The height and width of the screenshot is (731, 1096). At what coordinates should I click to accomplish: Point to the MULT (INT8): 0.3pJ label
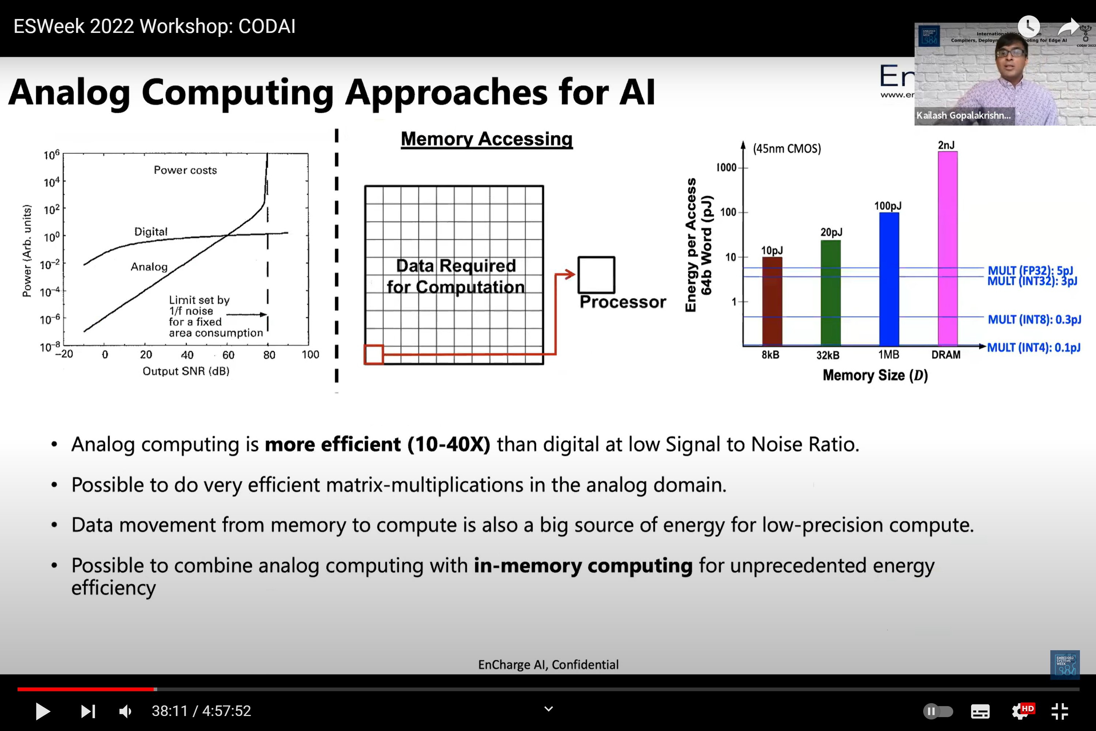tap(1034, 319)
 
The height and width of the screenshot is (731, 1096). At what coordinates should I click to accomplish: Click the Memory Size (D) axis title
tap(875, 375)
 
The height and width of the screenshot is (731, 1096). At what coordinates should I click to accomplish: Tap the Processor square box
tap(596, 274)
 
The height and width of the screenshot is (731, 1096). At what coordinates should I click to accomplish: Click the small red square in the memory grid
tap(374, 354)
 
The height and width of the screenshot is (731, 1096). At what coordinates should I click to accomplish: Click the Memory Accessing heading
tap(487, 139)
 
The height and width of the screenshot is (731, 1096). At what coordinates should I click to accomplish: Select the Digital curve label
tap(151, 232)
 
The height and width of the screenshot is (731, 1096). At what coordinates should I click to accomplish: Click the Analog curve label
tap(149, 267)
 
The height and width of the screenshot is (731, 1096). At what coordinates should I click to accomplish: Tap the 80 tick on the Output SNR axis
tap(269, 355)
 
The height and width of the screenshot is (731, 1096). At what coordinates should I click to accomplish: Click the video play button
tap(42, 711)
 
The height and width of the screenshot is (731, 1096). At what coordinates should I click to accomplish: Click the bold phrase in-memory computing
tap(583, 565)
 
